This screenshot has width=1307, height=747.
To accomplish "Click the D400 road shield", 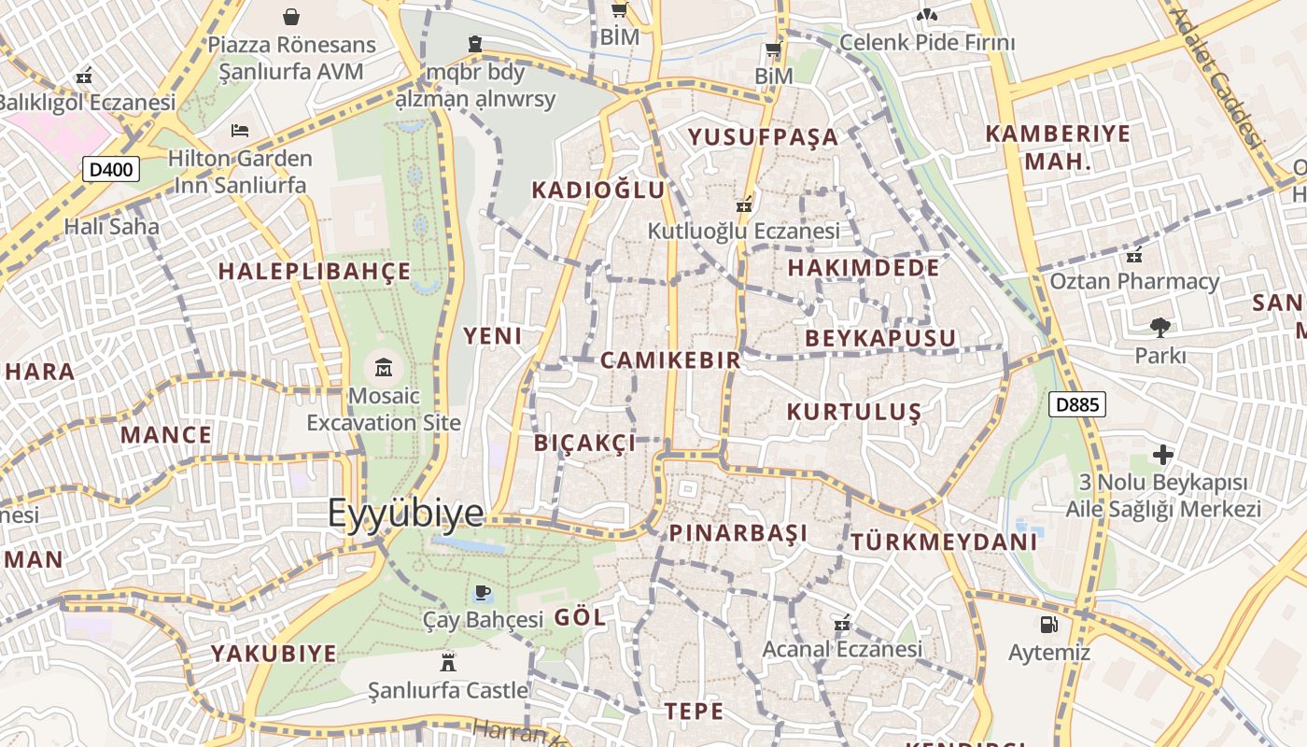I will (x=111, y=169).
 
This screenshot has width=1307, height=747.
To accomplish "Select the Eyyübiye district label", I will (x=406, y=514).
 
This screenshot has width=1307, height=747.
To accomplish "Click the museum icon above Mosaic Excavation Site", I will (x=383, y=367).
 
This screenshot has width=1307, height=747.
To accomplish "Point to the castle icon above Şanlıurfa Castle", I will (x=448, y=662).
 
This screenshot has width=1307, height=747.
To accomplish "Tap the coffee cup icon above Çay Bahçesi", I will (x=482, y=592).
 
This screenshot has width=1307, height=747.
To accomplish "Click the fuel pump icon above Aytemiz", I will (x=1048, y=624).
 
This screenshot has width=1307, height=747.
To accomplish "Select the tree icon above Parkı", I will (x=1160, y=327).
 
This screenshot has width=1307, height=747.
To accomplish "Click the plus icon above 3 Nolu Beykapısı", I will (x=1162, y=455).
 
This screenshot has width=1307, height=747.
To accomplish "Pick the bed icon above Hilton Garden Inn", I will (x=240, y=130).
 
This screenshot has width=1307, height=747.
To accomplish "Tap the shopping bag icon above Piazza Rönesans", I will (x=291, y=16).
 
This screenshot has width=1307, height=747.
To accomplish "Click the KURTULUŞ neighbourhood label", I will (x=853, y=412).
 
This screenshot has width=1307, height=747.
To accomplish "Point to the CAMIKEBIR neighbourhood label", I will (x=669, y=359).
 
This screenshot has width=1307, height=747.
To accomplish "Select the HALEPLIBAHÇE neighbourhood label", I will (x=314, y=271).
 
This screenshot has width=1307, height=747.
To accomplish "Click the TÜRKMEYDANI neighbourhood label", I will (x=944, y=542).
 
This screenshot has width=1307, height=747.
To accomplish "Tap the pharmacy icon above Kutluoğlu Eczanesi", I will (x=744, y=203).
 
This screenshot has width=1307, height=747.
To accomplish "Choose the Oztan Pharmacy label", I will (x=1134, y=281).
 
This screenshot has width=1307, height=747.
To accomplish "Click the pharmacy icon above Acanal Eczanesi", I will (x=841, y=621).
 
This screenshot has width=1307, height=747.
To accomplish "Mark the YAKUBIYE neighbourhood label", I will (x=273, y=653).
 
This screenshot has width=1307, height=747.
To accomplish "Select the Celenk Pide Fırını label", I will (x=926, y=42).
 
